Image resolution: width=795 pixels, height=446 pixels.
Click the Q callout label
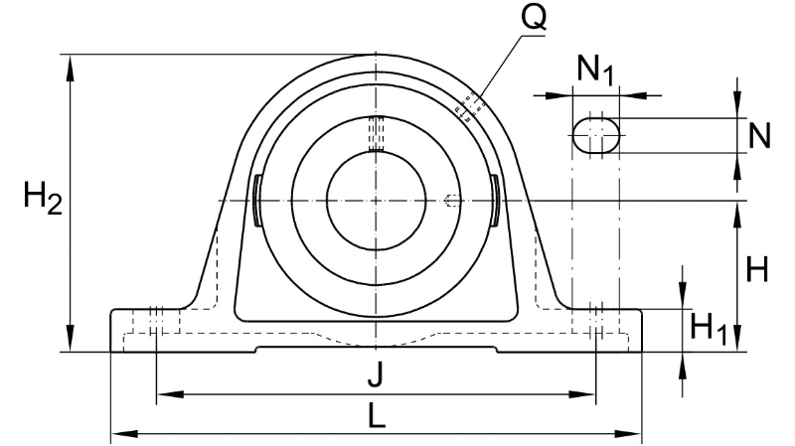534,18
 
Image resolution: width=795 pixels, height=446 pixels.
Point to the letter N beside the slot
759,135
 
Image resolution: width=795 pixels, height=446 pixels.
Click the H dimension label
757,269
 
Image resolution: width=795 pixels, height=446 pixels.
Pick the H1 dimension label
709,328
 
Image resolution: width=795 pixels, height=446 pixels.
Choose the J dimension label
375,375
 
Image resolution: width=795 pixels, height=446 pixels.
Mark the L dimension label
376,416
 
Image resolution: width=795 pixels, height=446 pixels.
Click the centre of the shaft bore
376,202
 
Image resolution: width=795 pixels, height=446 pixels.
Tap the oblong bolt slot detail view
595,135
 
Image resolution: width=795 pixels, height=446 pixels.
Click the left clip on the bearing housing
257,201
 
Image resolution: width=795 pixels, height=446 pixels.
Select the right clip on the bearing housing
495,201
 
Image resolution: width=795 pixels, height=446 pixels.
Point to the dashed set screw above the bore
376,134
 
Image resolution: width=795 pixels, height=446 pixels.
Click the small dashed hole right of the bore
452,202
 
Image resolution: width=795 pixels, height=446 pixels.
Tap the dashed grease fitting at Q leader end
471,107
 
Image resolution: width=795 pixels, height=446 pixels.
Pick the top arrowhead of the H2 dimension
70,67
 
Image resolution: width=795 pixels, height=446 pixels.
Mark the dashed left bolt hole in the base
156,321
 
